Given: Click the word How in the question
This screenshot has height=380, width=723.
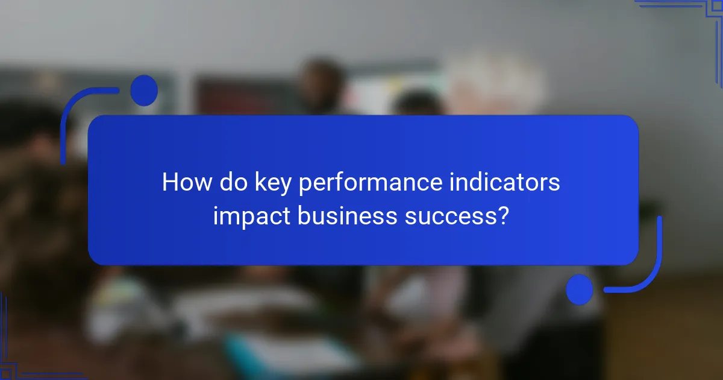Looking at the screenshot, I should click(183, 183).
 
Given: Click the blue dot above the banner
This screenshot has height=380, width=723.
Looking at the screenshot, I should click(144, 90).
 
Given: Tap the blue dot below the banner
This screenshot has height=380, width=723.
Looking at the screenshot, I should click(580, 290).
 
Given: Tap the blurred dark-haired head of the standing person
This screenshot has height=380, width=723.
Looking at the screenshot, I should click(323, 81).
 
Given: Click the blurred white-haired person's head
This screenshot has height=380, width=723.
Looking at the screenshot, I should click(494, 87).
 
